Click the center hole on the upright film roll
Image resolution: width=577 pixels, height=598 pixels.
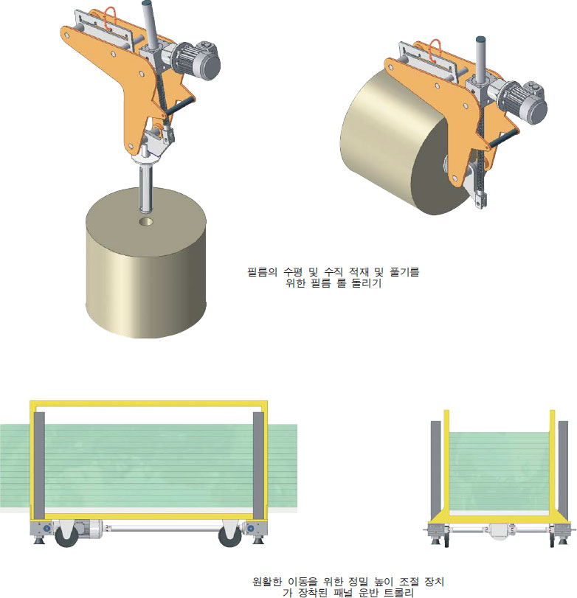click(x=146, y=222)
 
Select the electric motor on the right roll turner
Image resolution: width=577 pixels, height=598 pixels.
click(x=522, y=102)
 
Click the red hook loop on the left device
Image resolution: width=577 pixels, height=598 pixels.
click(x=110, y=18)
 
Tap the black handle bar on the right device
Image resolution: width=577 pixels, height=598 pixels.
click(x=503, y=138)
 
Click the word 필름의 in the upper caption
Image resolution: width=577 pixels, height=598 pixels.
click(x=262, y=272)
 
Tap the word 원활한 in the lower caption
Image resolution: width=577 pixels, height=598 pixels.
click(x=267, y=582)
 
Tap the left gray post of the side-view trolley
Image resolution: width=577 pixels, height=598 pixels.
click(x=39, y=465)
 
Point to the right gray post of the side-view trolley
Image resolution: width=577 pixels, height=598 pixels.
click(x=258, y=465)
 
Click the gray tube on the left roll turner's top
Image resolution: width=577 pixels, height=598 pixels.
click(x=150, y=24)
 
